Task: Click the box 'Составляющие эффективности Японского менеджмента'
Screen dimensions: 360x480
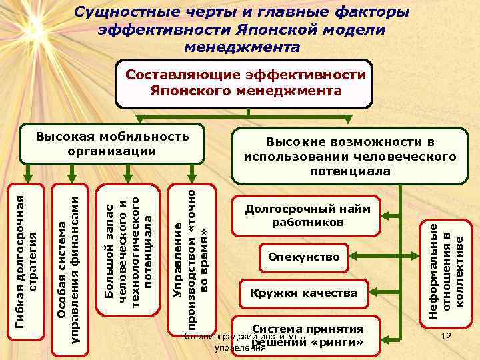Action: coord(245,83)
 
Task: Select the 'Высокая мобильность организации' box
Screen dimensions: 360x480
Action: coord(112,144)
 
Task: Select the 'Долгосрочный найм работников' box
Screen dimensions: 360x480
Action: coord(307,216)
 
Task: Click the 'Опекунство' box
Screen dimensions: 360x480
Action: coord(303,257)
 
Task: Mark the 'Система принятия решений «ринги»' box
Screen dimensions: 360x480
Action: coord(307,336)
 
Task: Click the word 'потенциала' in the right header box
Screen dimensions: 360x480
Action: coord(350,171)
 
